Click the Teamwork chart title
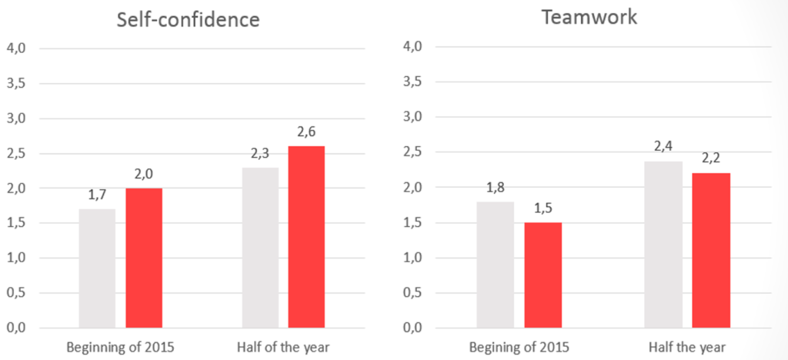click(x=589, y=17)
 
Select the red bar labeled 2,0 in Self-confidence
click(x=144, y=258)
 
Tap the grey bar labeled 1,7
click(x=97, y=268)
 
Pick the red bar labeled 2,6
click(x=306, y=236)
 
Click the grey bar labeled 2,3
click(x=260, y=247)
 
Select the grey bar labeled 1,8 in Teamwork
click(x=495, y=264)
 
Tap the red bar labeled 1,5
click(x=543, y=275)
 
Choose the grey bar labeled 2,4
click(x=663, y=244)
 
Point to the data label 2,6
click(x=306, y=132)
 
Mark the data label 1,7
click(x=97, y=195)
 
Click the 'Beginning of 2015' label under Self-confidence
click(x=121, y=347)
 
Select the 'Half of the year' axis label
click(x=284, y=347)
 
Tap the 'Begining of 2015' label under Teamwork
click(x=519, y=347)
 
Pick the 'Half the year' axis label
click(x=687, y=347)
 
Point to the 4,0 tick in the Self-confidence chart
click(x=16, y=48)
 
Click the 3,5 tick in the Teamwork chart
click(x=414, y=82)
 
